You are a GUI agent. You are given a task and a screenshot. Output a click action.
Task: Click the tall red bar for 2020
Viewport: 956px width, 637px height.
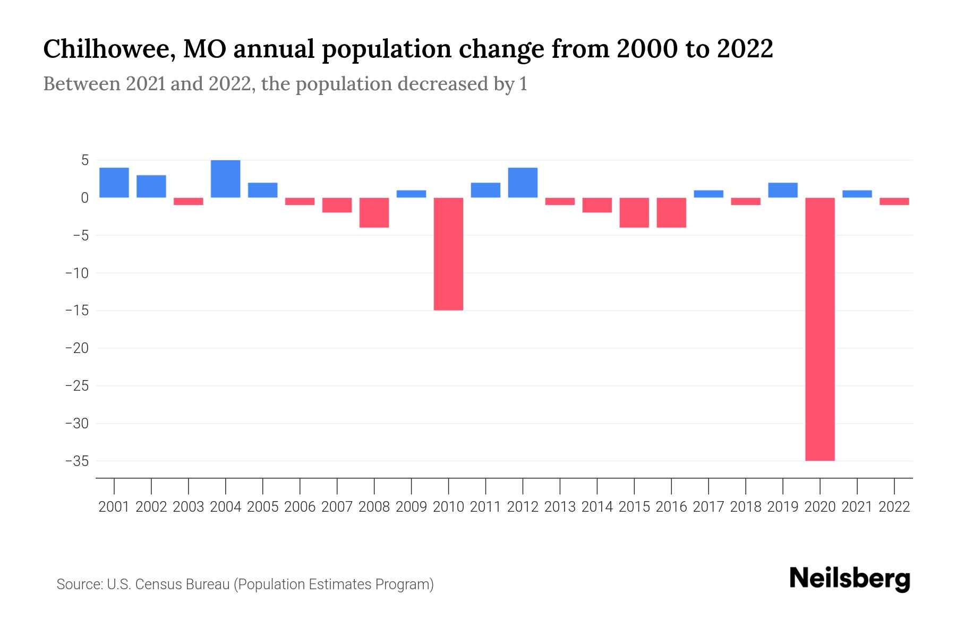[x=820, y=329]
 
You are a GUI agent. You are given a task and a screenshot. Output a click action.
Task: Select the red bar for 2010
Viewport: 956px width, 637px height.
[x=448, y=254]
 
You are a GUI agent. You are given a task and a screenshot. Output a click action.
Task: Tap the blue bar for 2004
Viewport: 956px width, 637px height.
[x=225, y=179]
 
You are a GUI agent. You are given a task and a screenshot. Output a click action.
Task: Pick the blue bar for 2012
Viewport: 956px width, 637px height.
[x=523, y=183]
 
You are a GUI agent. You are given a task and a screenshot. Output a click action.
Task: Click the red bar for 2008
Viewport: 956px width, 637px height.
[x=374, y=212]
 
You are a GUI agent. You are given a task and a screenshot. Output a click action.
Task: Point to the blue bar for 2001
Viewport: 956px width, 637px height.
[x=114, y=183]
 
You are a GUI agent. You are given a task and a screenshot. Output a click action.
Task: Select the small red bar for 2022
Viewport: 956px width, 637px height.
[x=894, y=201]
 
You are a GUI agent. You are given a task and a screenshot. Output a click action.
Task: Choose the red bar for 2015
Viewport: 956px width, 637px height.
[x=634, y=212]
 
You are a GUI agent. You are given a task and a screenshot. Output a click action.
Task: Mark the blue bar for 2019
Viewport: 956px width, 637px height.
[x=782, y=190]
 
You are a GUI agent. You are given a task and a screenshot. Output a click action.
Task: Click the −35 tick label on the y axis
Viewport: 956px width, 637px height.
[x=77, y=461]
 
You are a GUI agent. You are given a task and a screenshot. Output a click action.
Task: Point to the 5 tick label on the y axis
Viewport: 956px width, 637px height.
[x=84, y=160]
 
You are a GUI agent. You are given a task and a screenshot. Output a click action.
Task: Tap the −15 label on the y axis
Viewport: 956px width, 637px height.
[x=77, y=311]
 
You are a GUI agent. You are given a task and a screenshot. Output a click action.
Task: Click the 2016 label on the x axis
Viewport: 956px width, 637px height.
[x=671, y=507]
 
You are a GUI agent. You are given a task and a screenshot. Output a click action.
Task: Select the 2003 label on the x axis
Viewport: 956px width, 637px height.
[x=188, y=507]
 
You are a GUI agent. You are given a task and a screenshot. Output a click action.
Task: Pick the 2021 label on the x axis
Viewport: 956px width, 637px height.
[x=857, y=507]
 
